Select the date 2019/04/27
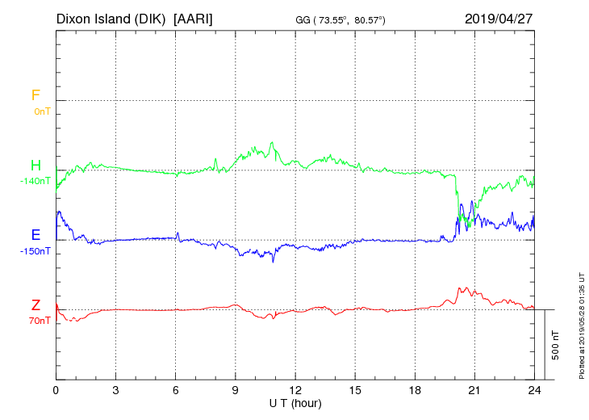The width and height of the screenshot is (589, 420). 499,18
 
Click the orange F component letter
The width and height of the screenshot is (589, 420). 36,95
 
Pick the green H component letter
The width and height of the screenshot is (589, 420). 36,166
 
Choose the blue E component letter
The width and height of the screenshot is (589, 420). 36,235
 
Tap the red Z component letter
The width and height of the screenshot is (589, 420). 36,305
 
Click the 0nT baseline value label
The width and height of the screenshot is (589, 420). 41,111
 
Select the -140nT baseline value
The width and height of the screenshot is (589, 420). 35,181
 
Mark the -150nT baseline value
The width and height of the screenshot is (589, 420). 35,251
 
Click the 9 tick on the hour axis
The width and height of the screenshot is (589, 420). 236,389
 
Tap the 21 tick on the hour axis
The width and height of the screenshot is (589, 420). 475,389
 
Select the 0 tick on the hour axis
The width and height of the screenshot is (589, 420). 56,389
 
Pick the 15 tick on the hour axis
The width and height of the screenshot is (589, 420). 355,389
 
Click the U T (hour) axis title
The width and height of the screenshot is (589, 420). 295,402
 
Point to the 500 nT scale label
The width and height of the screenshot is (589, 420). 556,345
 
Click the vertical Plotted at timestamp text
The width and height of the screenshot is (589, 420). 581,324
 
